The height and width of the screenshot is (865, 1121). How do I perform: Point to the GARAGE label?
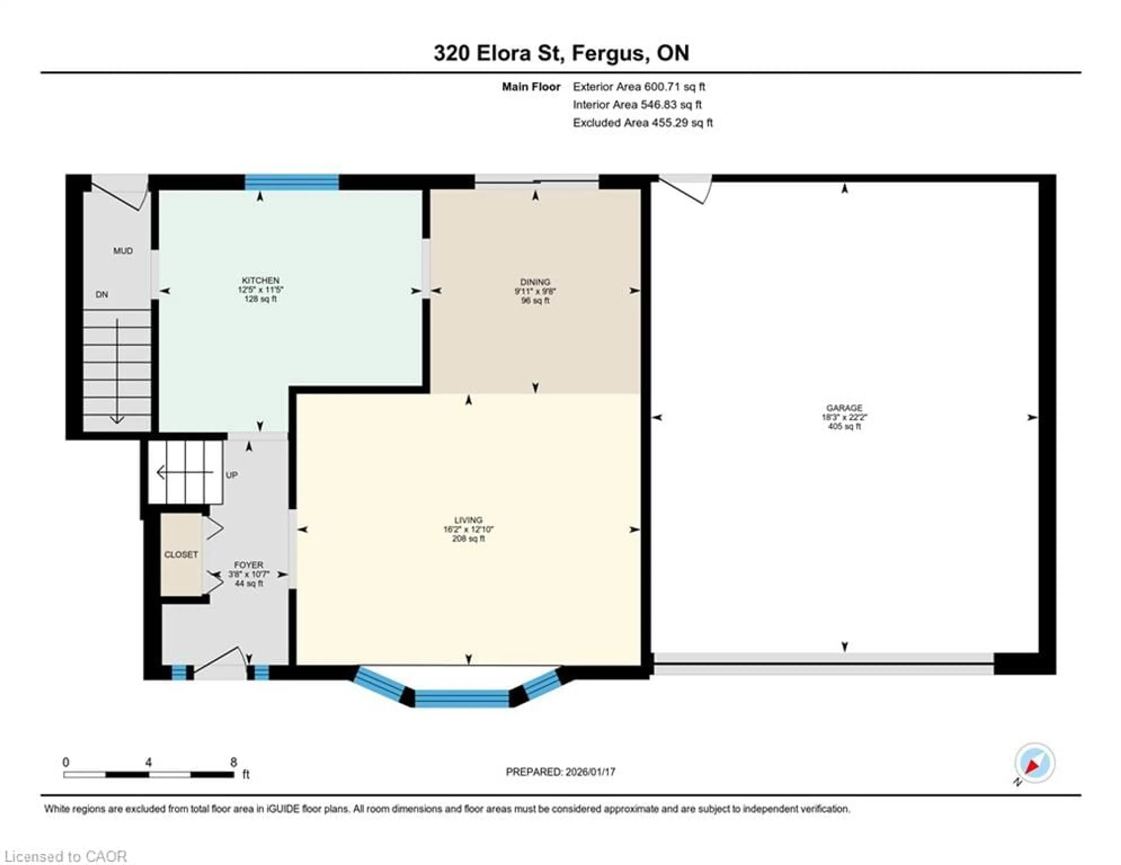click(844, 408)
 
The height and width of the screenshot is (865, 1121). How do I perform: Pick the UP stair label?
click(231, 475)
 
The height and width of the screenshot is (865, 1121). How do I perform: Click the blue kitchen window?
click(292, 182)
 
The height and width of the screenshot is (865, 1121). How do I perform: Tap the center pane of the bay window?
click(462, 699)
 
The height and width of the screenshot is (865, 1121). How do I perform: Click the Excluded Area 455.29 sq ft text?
click(643, 123)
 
